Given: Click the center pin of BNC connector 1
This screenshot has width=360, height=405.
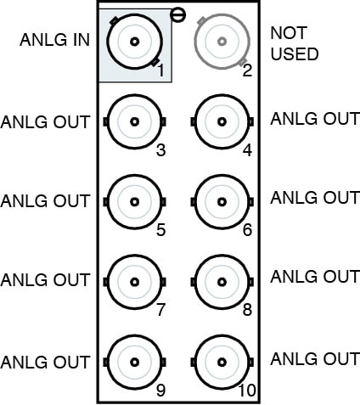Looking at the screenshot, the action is (135, 42).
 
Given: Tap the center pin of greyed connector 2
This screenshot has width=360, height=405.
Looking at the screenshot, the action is (222, 42).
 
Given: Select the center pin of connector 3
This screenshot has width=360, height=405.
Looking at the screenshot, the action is (135, 121).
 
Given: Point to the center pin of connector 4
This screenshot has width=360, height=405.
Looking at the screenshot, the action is (222, 121).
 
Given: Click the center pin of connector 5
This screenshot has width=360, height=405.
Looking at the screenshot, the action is (135, 202).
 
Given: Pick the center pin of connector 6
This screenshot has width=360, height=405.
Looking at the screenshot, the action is (222, 202).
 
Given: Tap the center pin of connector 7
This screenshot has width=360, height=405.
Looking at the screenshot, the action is (135, 282).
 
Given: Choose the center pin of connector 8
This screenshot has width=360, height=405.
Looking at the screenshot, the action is (222, 282).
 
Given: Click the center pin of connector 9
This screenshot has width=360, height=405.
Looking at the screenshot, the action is (135, 362).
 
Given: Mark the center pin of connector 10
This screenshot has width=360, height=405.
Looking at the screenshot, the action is (222, 362).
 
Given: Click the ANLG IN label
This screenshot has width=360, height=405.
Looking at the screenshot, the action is (55, 40).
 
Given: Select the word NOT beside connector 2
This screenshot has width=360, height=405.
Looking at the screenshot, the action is (289, 33).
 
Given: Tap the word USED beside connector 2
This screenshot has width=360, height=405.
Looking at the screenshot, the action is (295, 54).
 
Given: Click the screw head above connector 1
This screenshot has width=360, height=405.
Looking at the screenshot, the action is (177, 15).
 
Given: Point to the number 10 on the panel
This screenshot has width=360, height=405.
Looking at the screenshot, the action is (247, 391).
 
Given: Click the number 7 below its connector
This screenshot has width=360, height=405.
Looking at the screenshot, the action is (160, 310).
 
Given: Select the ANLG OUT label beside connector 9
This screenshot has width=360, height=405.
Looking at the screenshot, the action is (45, 363).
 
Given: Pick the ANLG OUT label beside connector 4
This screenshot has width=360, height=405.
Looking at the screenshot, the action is (315, 119).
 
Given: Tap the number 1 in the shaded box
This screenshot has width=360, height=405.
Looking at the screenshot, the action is (160, 70).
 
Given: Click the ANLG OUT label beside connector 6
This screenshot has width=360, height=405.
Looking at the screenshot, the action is (315, 198).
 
